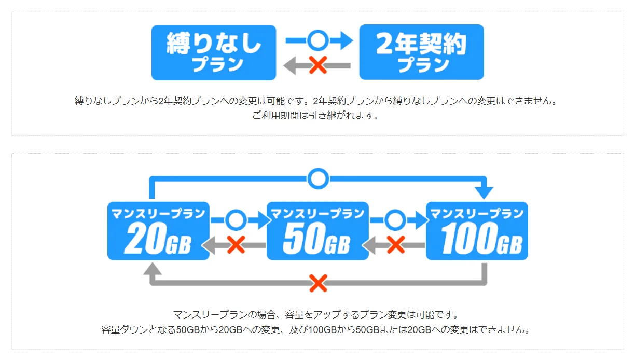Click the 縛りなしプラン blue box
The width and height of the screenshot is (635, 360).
(214, 52)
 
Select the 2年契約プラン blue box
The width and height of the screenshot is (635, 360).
(422, 52)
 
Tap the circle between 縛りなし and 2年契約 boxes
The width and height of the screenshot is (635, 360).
(318, 40)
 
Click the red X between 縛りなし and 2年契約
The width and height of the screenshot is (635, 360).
(318, 65)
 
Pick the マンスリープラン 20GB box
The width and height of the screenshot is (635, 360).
(158, 231)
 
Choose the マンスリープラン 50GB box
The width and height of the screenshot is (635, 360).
(317, 231)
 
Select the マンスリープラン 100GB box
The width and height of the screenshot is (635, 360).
(477, 231)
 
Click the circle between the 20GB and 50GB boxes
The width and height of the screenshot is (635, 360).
(236, 220)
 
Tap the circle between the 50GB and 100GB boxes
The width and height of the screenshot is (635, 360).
(395, 220)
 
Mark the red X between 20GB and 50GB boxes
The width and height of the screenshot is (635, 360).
(236, 245)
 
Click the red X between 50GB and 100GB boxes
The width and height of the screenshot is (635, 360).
(396, 245)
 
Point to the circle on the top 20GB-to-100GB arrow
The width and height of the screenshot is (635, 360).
(318, 178)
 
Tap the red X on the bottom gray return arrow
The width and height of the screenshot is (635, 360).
(318, 283)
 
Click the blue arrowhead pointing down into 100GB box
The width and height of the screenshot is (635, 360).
(484, 193)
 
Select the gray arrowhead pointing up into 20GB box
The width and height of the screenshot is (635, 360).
(152, 268)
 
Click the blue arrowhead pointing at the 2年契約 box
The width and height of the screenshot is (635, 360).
(347, 40)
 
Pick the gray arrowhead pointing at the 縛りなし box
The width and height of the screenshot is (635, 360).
(289, 65)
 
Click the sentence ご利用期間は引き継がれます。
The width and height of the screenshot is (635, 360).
(315, 115)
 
